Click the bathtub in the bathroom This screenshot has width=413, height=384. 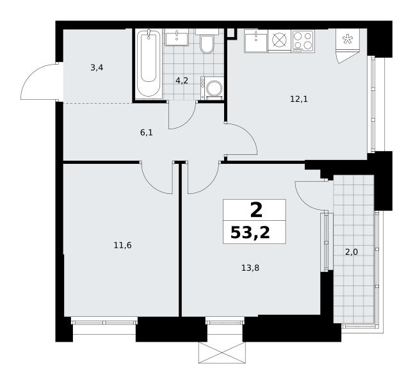pos(149,64)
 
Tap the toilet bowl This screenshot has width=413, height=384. pos(207,44)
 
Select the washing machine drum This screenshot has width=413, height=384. pos(214,88)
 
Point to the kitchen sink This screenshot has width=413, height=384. pos(255,41)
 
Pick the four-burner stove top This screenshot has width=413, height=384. pos(303,41)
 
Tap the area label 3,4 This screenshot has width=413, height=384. pos(97,68)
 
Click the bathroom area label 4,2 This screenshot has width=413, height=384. pos(182,80)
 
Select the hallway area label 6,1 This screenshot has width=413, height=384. pos(147,132)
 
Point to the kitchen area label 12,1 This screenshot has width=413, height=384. pos(299,99)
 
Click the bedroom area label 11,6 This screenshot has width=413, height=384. pos(122,245)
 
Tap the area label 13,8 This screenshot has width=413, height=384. pos(250,268)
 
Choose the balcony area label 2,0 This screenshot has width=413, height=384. pos(352,252)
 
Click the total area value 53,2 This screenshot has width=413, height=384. pos(250,233)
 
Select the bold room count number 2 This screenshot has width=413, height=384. pos(256,211)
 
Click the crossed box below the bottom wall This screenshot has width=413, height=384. pos(222,353)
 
